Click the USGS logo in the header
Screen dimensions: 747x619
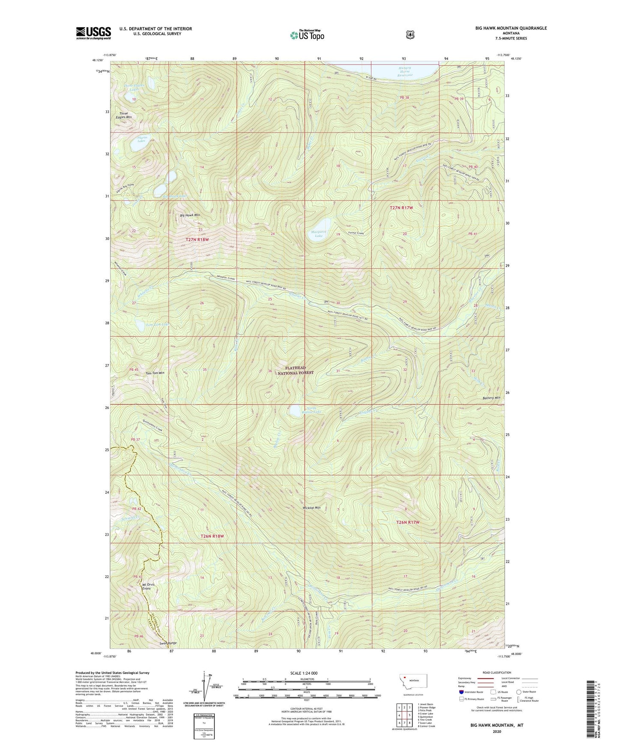93,33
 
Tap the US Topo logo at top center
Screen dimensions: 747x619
307,35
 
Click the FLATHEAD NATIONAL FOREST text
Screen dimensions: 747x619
299,370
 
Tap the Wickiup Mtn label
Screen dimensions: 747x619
311,508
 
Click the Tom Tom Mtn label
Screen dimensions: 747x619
155,373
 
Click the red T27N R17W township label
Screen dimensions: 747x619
401,207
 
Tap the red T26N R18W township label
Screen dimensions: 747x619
212,536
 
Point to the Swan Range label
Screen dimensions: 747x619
168,643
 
